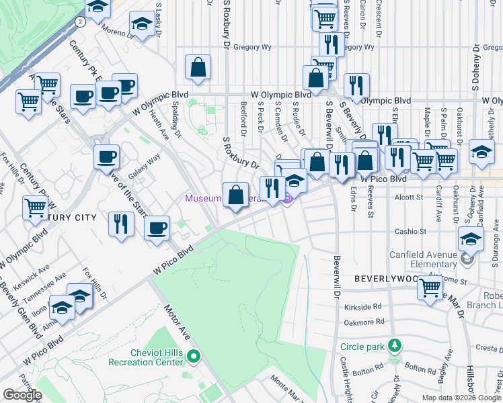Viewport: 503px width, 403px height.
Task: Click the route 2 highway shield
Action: (x=81, y=21)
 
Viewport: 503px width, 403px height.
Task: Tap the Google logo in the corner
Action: (x=23, y=395)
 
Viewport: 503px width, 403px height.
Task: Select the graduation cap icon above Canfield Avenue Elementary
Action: (x=471, y=238)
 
